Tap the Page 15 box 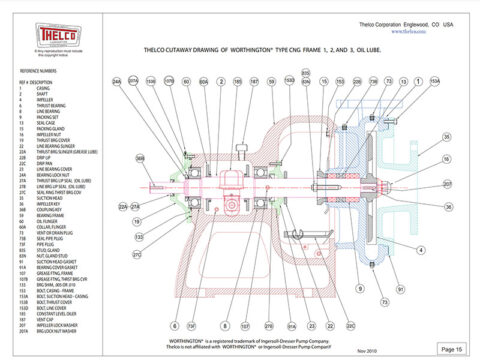[x=451, y=347]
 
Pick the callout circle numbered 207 [x=447, y=183]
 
